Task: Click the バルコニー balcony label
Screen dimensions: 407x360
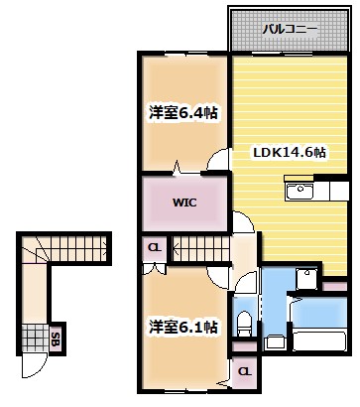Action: (290, 30)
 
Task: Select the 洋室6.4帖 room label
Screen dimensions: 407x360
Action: (183, 112)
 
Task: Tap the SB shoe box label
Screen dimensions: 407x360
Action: (57, 339)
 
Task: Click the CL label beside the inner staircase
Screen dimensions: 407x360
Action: (154, 247)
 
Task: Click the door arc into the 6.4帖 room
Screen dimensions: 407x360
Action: (177, 166)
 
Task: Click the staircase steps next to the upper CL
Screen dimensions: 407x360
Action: (198, 247)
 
